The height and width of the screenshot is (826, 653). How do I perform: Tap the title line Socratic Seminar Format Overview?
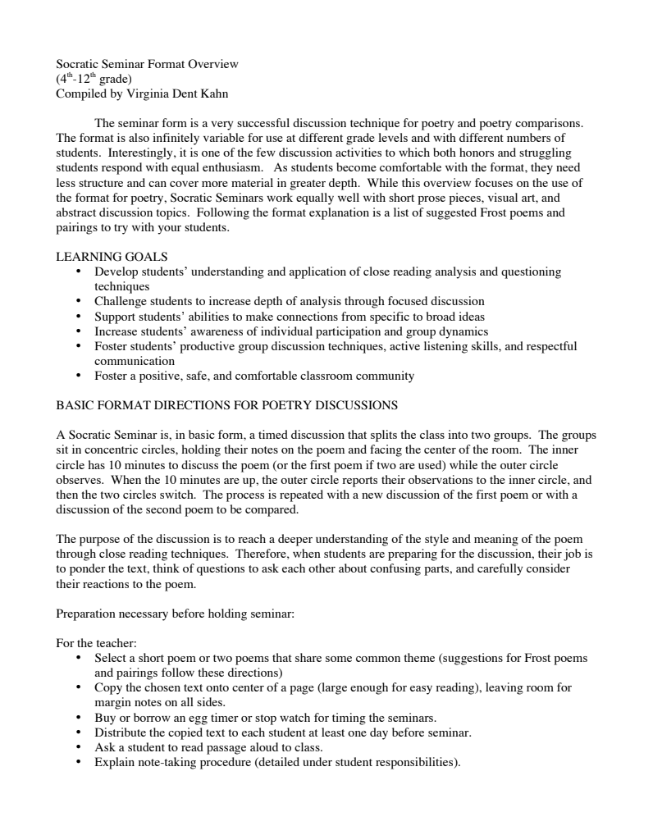tap(146, 64)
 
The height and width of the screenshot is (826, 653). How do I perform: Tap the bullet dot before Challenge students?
tap(78, 302)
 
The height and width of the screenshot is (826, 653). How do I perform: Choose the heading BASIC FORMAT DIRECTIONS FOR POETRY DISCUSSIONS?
tap(226, 405)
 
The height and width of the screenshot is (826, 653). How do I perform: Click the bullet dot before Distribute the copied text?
tap(78, 731)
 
